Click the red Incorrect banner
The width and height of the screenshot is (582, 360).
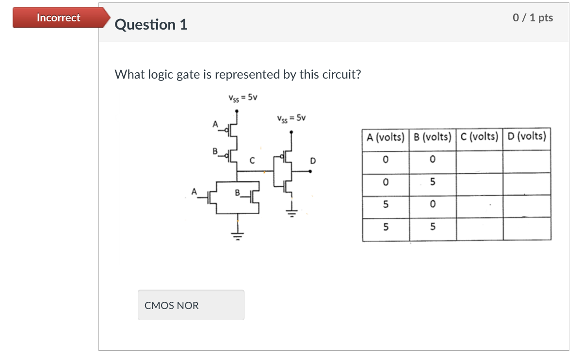click(59, 18)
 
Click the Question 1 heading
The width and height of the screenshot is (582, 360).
click(151, 25)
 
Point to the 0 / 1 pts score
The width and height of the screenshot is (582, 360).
click(533, 18)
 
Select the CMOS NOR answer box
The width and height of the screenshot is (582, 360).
click(191, 305)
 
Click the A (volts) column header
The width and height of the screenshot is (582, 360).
click(386, 137)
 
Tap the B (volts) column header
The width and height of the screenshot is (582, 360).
click(433, 137)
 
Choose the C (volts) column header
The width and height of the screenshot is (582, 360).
click(479, 137)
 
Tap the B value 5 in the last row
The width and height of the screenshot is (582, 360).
click(433, 227)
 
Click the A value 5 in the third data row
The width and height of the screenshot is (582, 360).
click(386, 205)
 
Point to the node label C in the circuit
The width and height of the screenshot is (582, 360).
click(252, 160)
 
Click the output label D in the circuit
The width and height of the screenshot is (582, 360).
click(313, 161)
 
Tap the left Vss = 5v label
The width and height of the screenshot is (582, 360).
click(242, 97)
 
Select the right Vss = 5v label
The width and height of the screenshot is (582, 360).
click(291, 118)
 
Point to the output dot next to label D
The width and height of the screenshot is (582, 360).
click(310, 171)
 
